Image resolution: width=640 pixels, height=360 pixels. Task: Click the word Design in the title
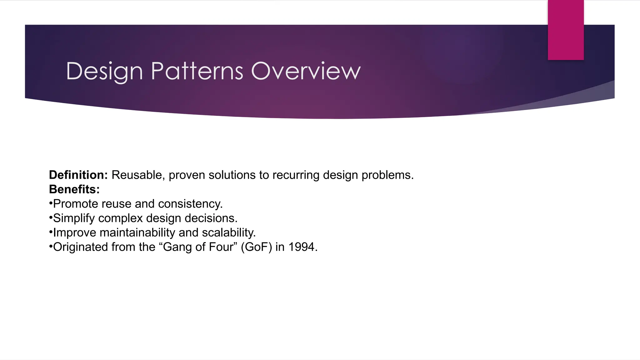[x=104, y=72]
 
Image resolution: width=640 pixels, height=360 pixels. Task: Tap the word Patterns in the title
[x=197, y=71]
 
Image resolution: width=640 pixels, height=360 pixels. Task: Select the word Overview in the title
[x=306, y=71]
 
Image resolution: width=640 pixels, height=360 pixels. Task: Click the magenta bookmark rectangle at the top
[x=566, y=30]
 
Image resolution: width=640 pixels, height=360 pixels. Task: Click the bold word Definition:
[x=78, y=175]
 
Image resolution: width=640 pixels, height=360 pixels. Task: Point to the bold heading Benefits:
[x=74, y=189]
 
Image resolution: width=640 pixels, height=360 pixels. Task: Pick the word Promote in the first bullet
[x=75, y=204]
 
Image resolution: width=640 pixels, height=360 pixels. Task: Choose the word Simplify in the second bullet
[x=74, y=218]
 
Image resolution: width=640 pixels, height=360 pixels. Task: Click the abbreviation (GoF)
[x=256, y=247]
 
